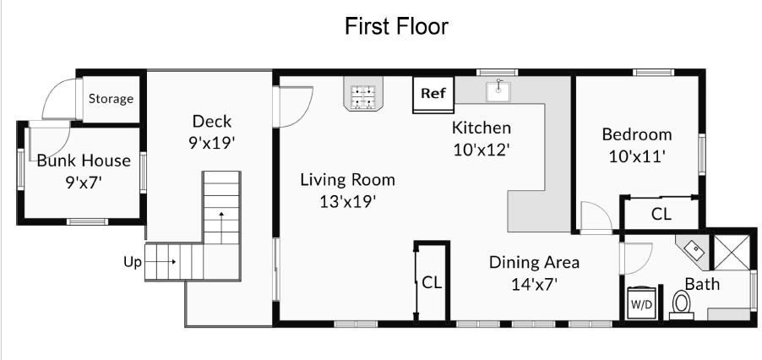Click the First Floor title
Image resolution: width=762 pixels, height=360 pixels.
click(396, 26)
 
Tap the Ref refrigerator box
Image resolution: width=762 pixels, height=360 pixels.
click(433, 95)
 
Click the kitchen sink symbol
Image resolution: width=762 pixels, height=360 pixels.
click(498, 90)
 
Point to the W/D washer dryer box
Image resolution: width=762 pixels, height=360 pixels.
click(642, 303)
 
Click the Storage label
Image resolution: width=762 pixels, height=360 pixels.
click(111, 99)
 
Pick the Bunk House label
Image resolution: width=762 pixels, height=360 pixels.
click(84, 161)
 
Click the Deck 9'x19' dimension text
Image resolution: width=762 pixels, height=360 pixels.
click(212, 142)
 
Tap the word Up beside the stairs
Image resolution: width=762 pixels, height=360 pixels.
click(132, 263)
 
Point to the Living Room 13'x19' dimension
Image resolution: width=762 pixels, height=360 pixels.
click(348, 201)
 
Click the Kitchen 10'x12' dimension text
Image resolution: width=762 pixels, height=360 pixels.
click(482, 150)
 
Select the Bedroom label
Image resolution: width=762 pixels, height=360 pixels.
click(637, 134)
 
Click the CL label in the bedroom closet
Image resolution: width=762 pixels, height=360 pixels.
click(661, 215)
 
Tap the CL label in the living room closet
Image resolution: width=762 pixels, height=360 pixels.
click(432, 283)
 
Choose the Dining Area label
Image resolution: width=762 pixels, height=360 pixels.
click(534, 262)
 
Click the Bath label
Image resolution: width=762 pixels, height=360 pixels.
click(702, 284)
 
